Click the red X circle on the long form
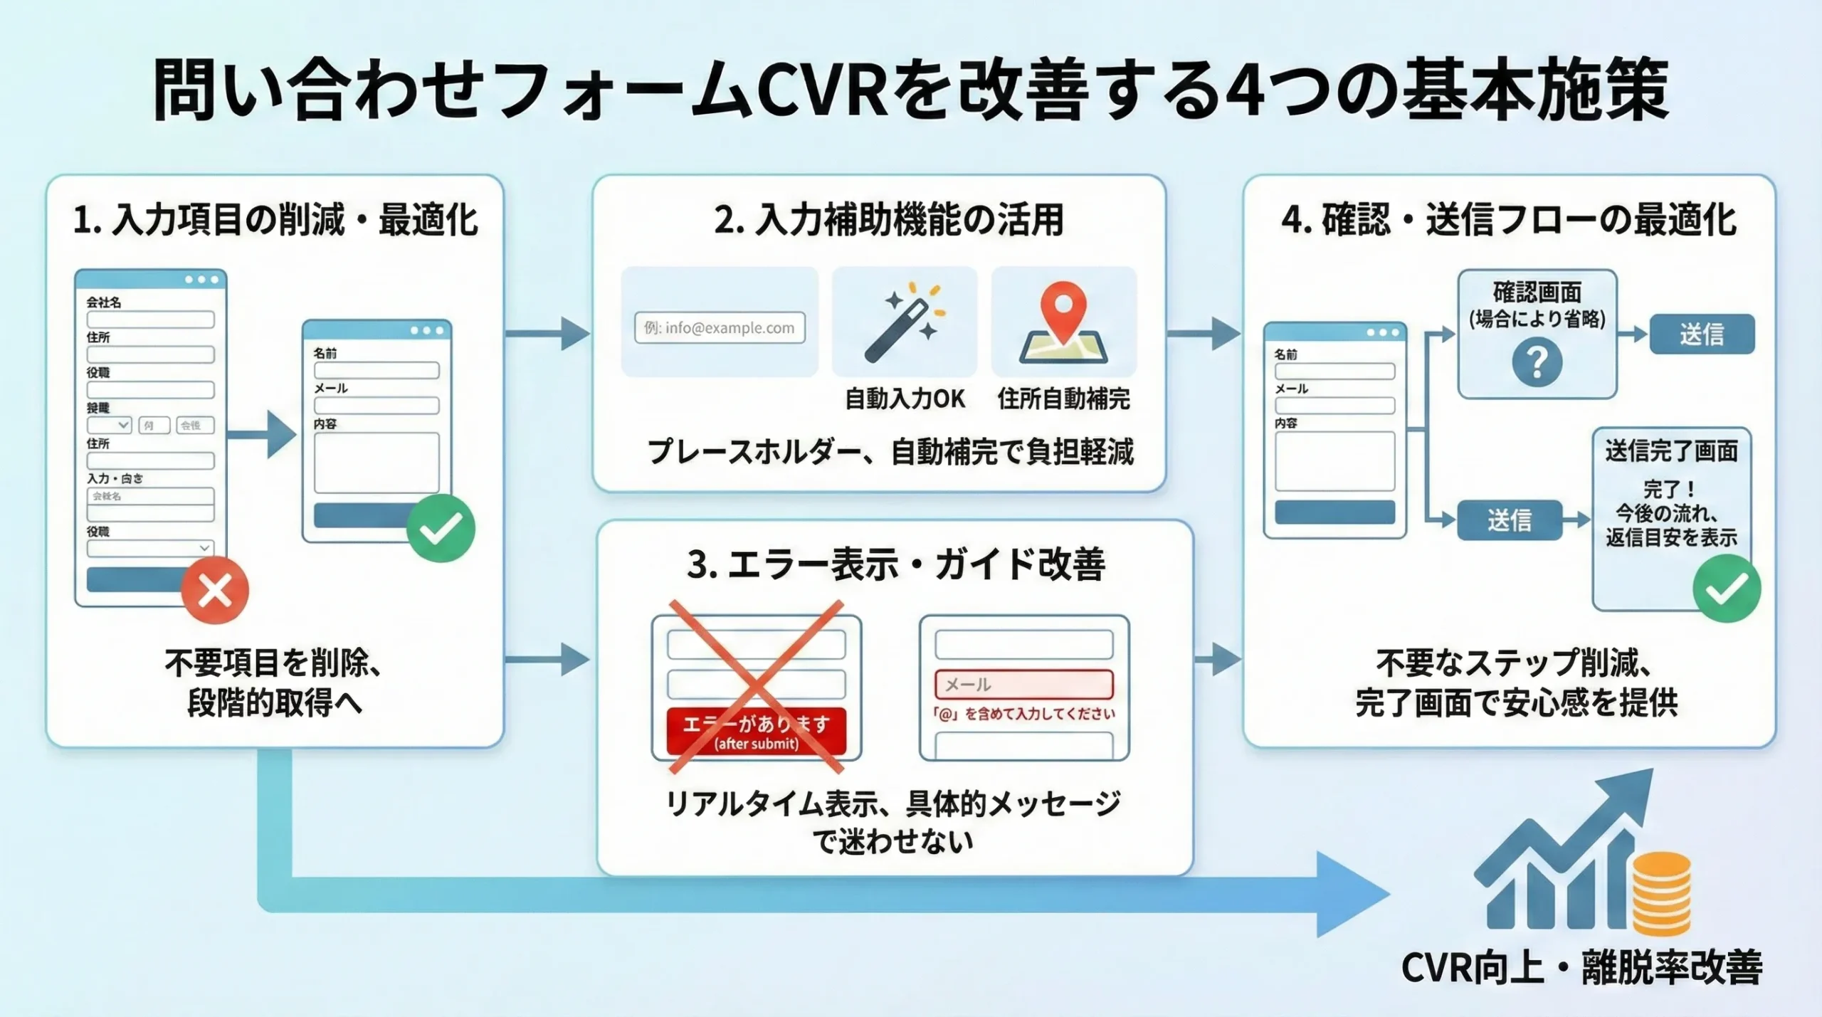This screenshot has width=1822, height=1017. pos(215,590)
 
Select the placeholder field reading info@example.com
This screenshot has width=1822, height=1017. pos(720,328)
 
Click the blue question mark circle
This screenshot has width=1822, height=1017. pos(1537,362)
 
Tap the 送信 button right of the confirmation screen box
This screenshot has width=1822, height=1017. pos(1702,334)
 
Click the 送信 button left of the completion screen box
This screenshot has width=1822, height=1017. pos(1509,520)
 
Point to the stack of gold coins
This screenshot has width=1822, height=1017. pos(1661,895)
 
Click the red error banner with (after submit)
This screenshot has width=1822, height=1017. pos(756,732)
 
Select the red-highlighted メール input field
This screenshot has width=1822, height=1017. pos(1023,685)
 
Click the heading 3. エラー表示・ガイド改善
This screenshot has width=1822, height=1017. pos(895,564)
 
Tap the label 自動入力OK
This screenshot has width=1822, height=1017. pos(905,399)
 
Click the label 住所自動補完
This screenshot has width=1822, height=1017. pos(1063,399)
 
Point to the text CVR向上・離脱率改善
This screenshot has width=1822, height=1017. pos(1581,968)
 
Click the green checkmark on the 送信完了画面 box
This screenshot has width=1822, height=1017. pos(1727,589)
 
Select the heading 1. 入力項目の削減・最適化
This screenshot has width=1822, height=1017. pos(275,219)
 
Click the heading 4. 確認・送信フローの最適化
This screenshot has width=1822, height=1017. pos(1509,219)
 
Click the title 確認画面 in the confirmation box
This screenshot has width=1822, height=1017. pos(1537,292)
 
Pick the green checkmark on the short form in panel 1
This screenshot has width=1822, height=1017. pos(441,528)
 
